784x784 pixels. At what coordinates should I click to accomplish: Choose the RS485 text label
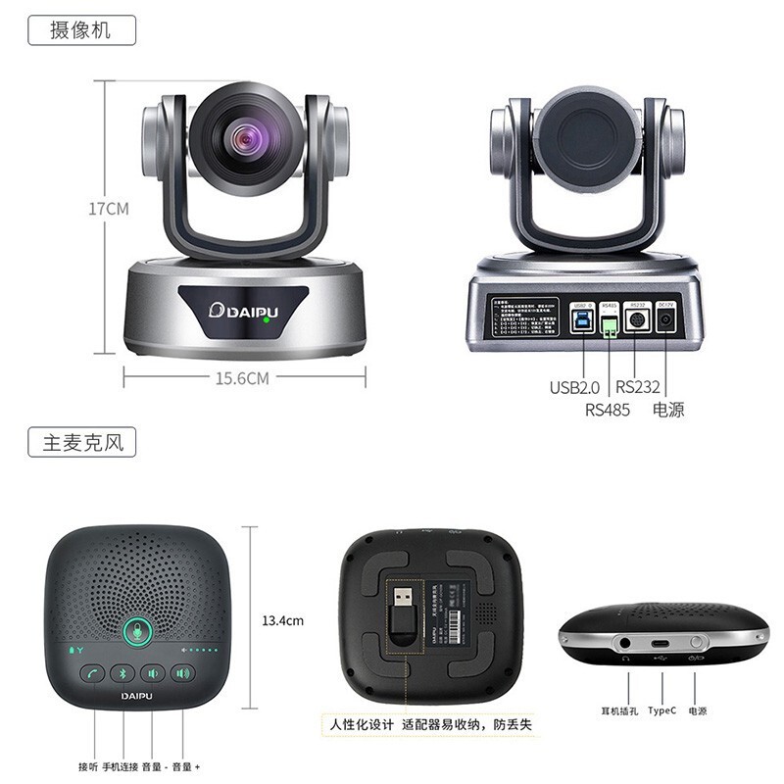tap(607, 410)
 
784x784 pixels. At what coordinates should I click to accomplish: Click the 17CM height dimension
tap(109, 209)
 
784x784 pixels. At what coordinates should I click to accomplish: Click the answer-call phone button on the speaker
tap(94, 673)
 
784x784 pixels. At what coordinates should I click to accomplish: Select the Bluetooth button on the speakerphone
tap(123, 673)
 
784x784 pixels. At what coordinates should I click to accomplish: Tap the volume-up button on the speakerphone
tap(182, 673)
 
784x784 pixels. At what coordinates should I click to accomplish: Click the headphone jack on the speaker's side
tap(626, 644)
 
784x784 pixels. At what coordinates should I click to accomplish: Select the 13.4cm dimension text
tap(282, 620)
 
